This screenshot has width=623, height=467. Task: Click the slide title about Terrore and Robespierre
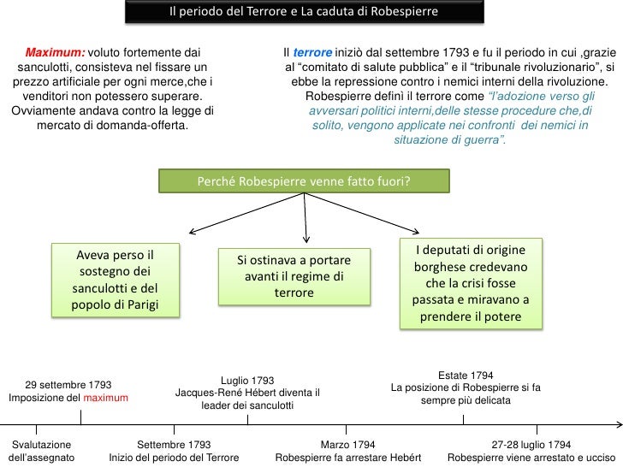coord(303,13)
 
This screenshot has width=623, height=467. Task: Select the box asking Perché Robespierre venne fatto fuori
coord(304,181)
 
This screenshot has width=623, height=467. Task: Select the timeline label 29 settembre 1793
coord(68,384)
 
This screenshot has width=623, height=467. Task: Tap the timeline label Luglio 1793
coord(247,380)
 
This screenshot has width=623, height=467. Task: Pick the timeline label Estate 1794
coord(465,375)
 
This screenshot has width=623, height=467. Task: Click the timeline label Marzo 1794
coord(347,446)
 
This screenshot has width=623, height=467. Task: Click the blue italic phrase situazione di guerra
coord(449,139)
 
